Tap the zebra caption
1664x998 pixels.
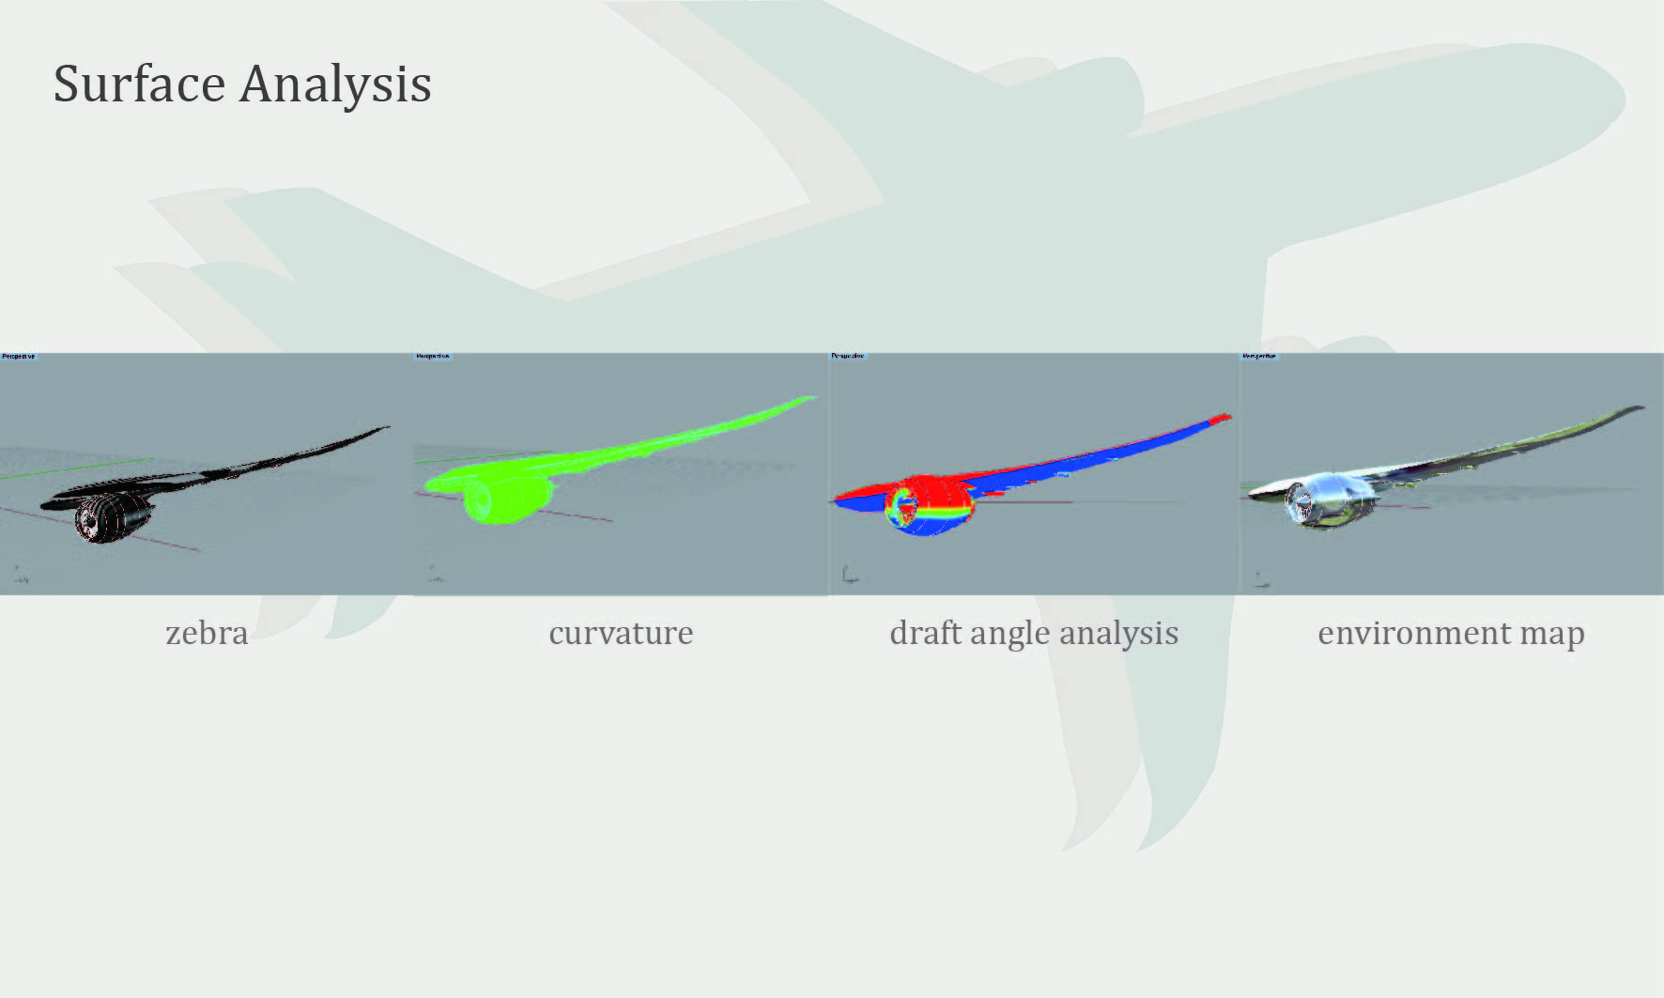pos(207,633)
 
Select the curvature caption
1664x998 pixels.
pos(621,633)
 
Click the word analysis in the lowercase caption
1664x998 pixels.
pos(1118,634)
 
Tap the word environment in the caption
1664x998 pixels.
pos(1413,633)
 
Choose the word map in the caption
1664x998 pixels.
pos(1552,635)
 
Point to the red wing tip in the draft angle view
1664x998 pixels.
pos(1220,418)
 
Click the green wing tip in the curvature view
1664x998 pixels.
pos(804,400)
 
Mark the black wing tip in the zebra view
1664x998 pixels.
pos(380,430)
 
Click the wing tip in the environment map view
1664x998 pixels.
pos(1635,409)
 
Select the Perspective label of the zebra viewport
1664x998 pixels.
pos(18,357)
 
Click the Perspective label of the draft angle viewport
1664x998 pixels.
pos(847,357)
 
